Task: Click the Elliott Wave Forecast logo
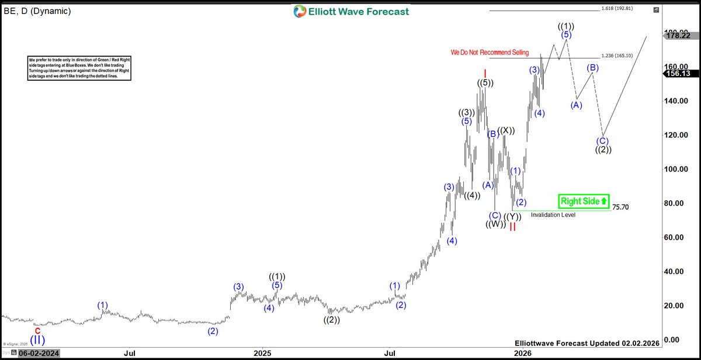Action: click(351, 11)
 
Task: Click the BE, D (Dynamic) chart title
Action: click(37, 11)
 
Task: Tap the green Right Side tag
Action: click(584, 201)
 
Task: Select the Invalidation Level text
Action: click(553, 215)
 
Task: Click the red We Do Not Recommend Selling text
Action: click(490, 53)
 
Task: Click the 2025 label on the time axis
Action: click(263, 353)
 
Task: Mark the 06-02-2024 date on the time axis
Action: click(39, 353)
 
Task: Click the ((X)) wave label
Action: click(506, 130)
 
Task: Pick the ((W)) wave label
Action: click(495, 224)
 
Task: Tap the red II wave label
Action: click(512, 227)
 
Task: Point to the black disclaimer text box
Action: click(79, 69)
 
